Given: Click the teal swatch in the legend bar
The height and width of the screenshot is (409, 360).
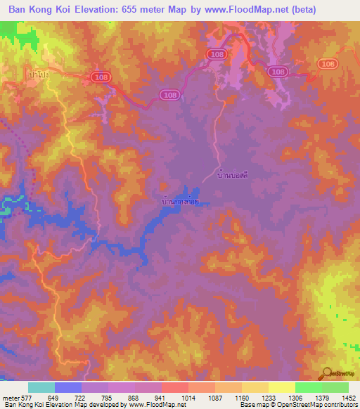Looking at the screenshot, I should coord(41,387).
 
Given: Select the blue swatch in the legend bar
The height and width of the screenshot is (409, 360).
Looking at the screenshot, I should coord(68,387).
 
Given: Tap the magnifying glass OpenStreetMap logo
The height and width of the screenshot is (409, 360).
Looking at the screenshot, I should coord(328,372).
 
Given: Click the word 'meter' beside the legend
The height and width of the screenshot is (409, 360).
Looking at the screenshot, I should coord(8,398).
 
